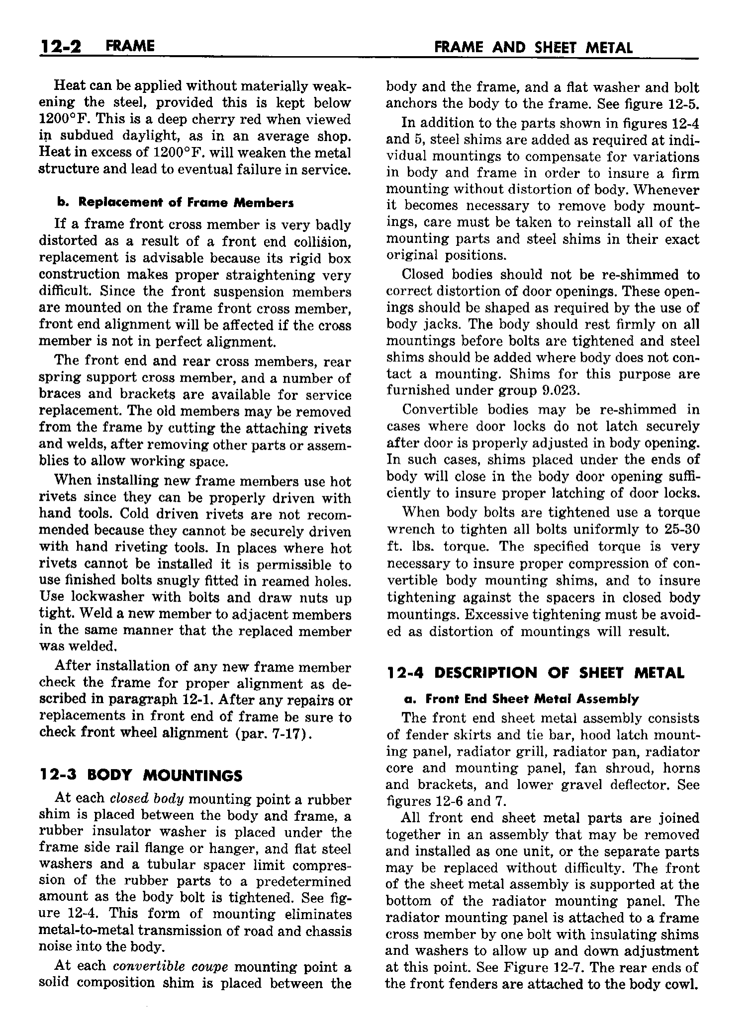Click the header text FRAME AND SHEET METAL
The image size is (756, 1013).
[534, 48]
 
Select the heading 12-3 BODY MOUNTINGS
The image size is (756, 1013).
[141, 775]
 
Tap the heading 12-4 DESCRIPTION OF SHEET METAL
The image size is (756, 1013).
[535, 673]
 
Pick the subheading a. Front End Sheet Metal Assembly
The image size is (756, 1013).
[520, 699]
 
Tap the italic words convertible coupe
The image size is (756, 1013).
[171, 965]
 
